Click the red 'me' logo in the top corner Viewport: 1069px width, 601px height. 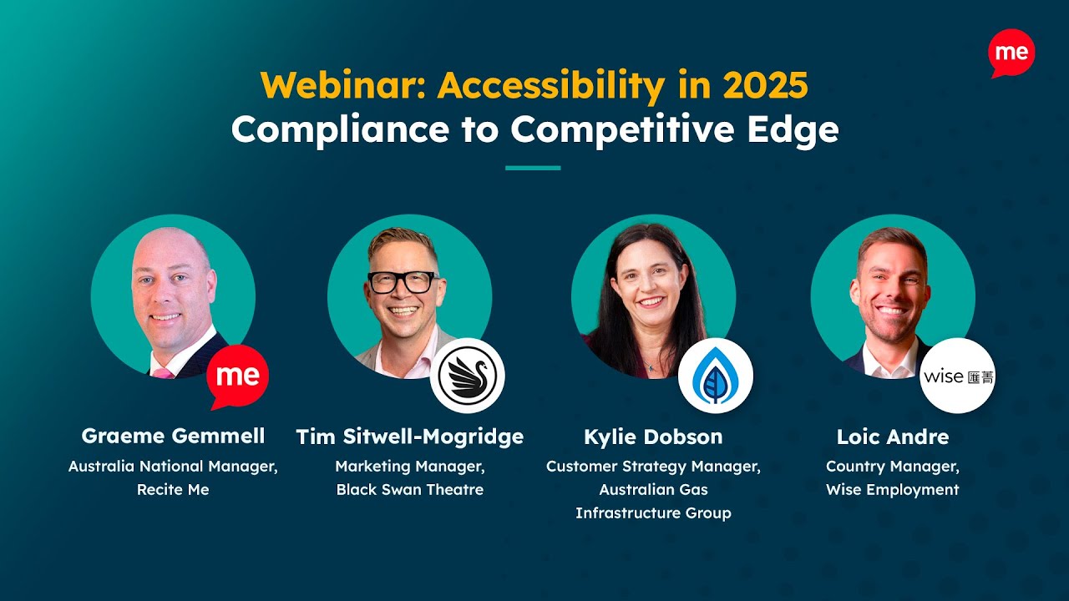(1011, 53)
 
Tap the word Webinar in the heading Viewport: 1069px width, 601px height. (343, 85)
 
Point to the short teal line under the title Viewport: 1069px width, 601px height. (533, 168)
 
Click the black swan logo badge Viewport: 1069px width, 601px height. (467, 376)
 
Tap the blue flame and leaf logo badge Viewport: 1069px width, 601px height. (715, 376)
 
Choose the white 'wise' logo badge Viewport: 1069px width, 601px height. (957, 376)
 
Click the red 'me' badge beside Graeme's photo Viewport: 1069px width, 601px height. (238, 376)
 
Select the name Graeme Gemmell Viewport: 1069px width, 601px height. (173, 436)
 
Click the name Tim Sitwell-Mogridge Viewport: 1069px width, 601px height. (410, 436)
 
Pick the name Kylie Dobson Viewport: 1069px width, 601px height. (653, 436)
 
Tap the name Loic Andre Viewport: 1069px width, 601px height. (893, 436)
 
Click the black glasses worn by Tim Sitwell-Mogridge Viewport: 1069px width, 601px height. (403, 282)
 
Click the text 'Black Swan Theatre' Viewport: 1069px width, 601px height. (410, 489)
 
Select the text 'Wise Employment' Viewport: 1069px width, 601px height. (893, 489)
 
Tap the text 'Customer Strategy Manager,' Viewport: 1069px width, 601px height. (653, 466)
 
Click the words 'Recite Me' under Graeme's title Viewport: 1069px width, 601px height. (173, 489)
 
